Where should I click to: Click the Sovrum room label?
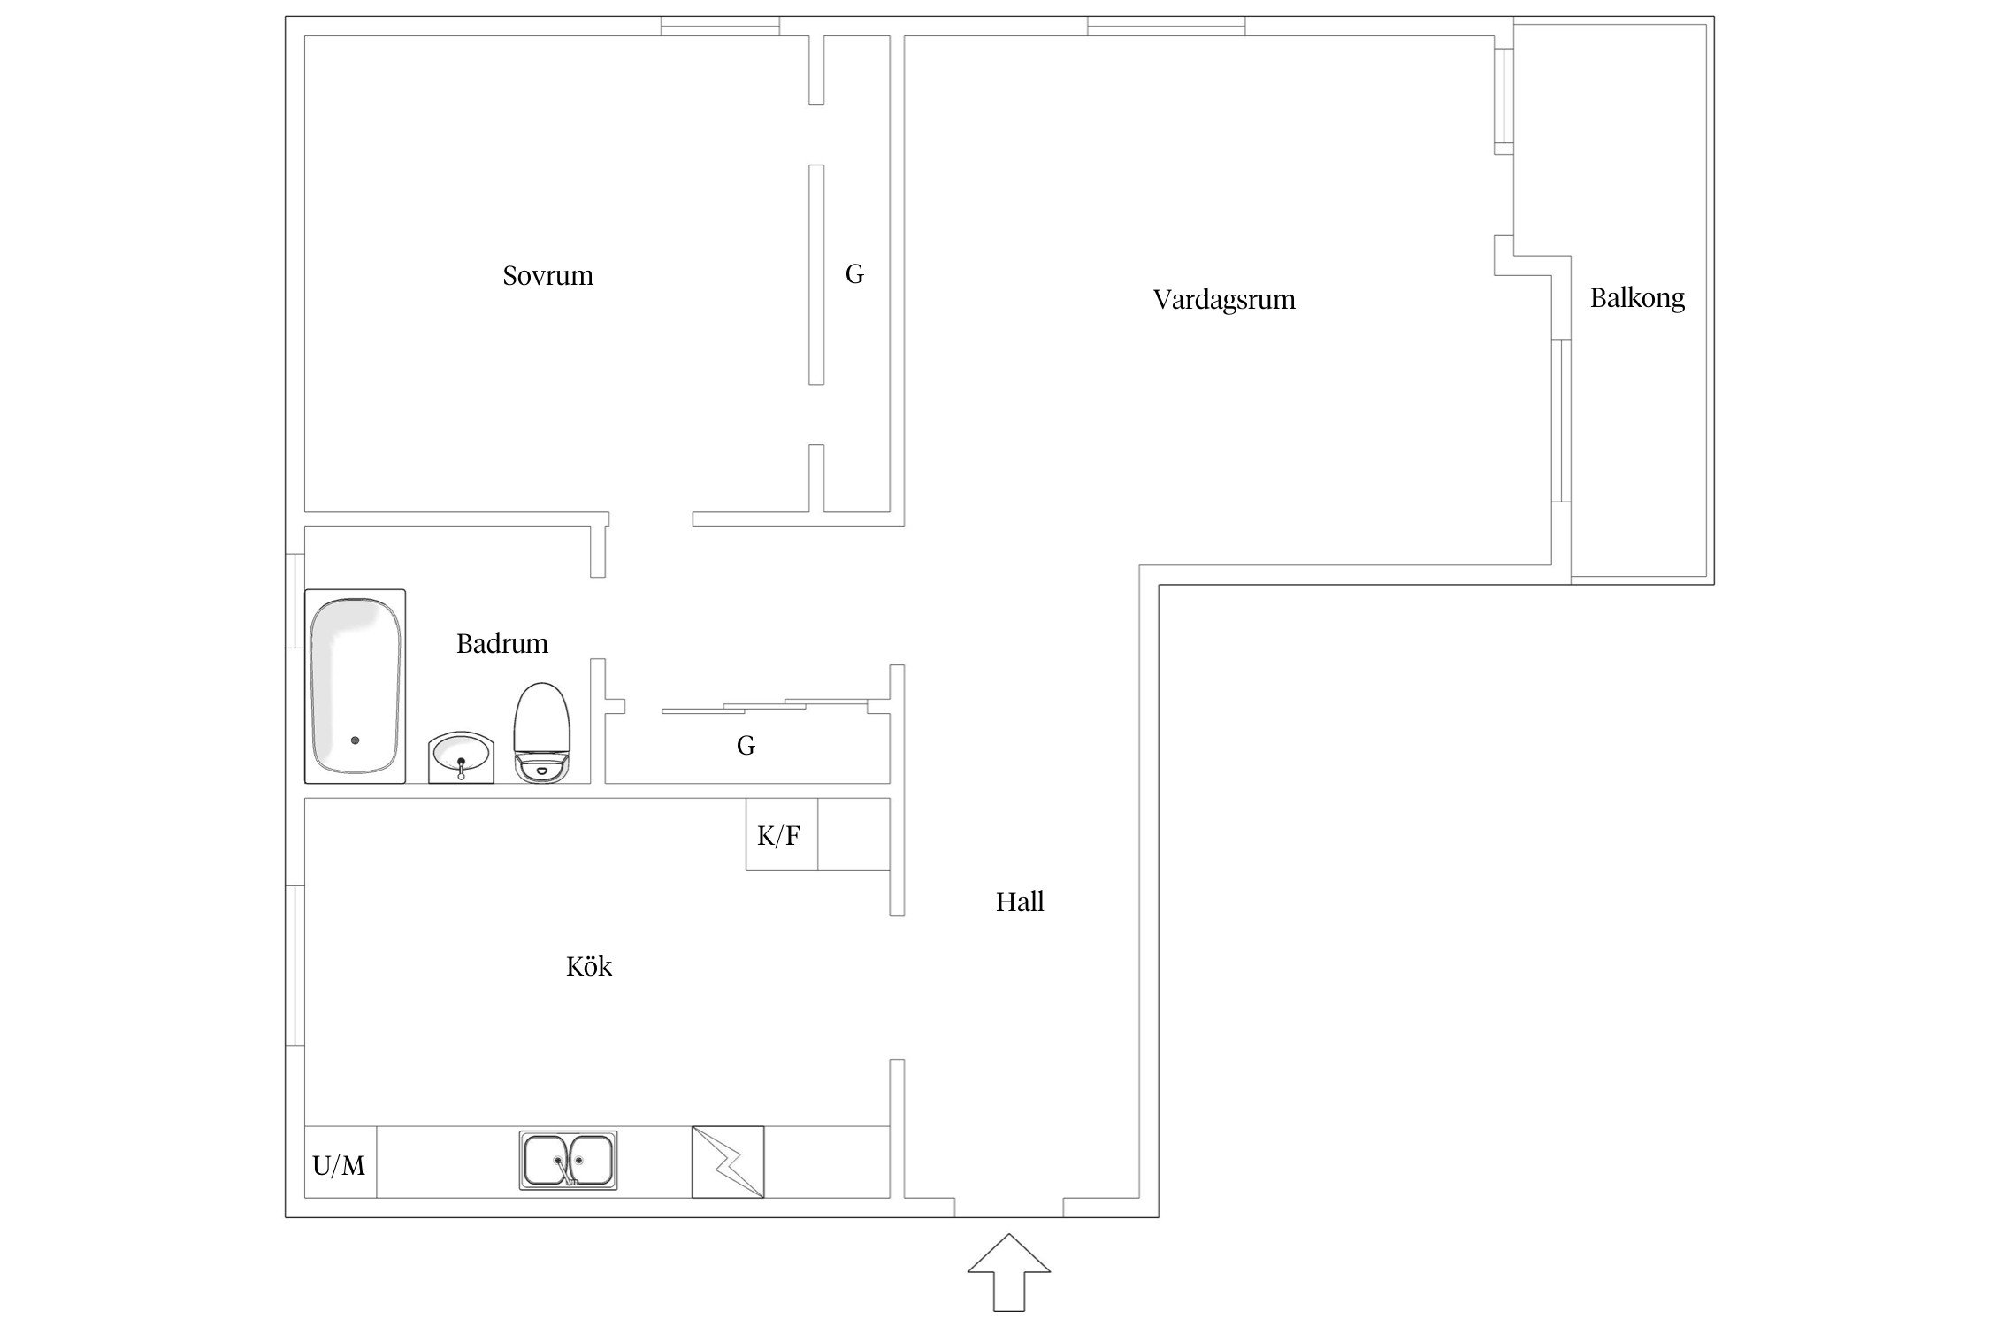[x=547, y=276]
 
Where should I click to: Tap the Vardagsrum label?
[x=1224, y=300]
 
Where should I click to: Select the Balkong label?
[x=1637, y=298]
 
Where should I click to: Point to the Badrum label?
[x=501, y=643]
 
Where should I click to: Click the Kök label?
[x=589, y=966]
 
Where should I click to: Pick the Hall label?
[x=1020, y=901]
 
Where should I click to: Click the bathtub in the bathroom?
[x=355, y=687]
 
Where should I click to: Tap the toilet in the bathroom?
[x=542, y=733]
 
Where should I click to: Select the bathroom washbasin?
[x=461, y=757]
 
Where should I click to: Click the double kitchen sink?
[x=568, y=1160]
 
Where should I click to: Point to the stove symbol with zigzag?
[x=727, y=1162]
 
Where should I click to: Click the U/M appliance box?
[x=341, y=1162]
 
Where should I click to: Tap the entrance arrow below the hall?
[x=1009, y=1273]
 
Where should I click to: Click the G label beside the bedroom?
[x=854, y=274]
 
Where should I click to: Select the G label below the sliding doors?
[x=746, y=746]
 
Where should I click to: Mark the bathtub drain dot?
[x=355, y=740]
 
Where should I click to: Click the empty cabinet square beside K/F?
[x=853, y=834]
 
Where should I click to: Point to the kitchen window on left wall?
[x=295, y=965]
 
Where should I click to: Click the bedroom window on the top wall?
[x=720, y=26]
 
